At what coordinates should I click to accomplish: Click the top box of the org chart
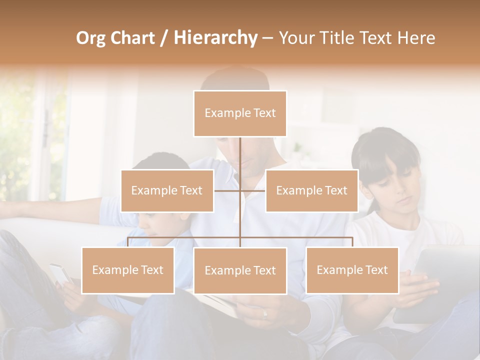(240, 113)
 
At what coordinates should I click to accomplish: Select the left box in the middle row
(167, 190)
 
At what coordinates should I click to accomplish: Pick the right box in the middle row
(311, 190)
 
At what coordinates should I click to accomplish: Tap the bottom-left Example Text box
(128, 270)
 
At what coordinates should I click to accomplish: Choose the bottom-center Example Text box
(240, 270)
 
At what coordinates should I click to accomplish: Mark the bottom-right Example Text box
(352, 270)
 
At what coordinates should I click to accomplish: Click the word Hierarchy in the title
(215, 38)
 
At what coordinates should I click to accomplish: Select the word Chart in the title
(132, 38)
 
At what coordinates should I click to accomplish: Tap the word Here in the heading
(416, 38)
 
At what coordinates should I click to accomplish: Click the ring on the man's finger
(265, 314)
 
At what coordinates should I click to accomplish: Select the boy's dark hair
(160, 162)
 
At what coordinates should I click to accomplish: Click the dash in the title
(267, 38)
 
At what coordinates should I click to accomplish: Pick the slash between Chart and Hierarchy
(164, 38)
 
